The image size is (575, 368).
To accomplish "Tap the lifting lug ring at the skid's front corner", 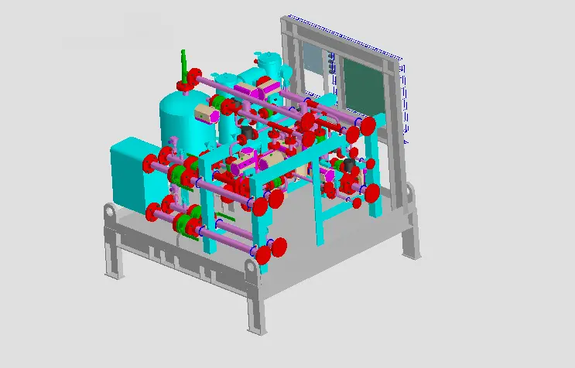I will click(x=251, y=268).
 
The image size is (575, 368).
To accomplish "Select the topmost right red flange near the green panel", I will click(x=368, y=124).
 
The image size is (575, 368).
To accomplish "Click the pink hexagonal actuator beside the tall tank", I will click(x=204, y=115).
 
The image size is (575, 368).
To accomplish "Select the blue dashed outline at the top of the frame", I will click(x=344, y=36).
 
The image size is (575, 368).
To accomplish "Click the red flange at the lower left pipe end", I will click(x=152, y=211).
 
